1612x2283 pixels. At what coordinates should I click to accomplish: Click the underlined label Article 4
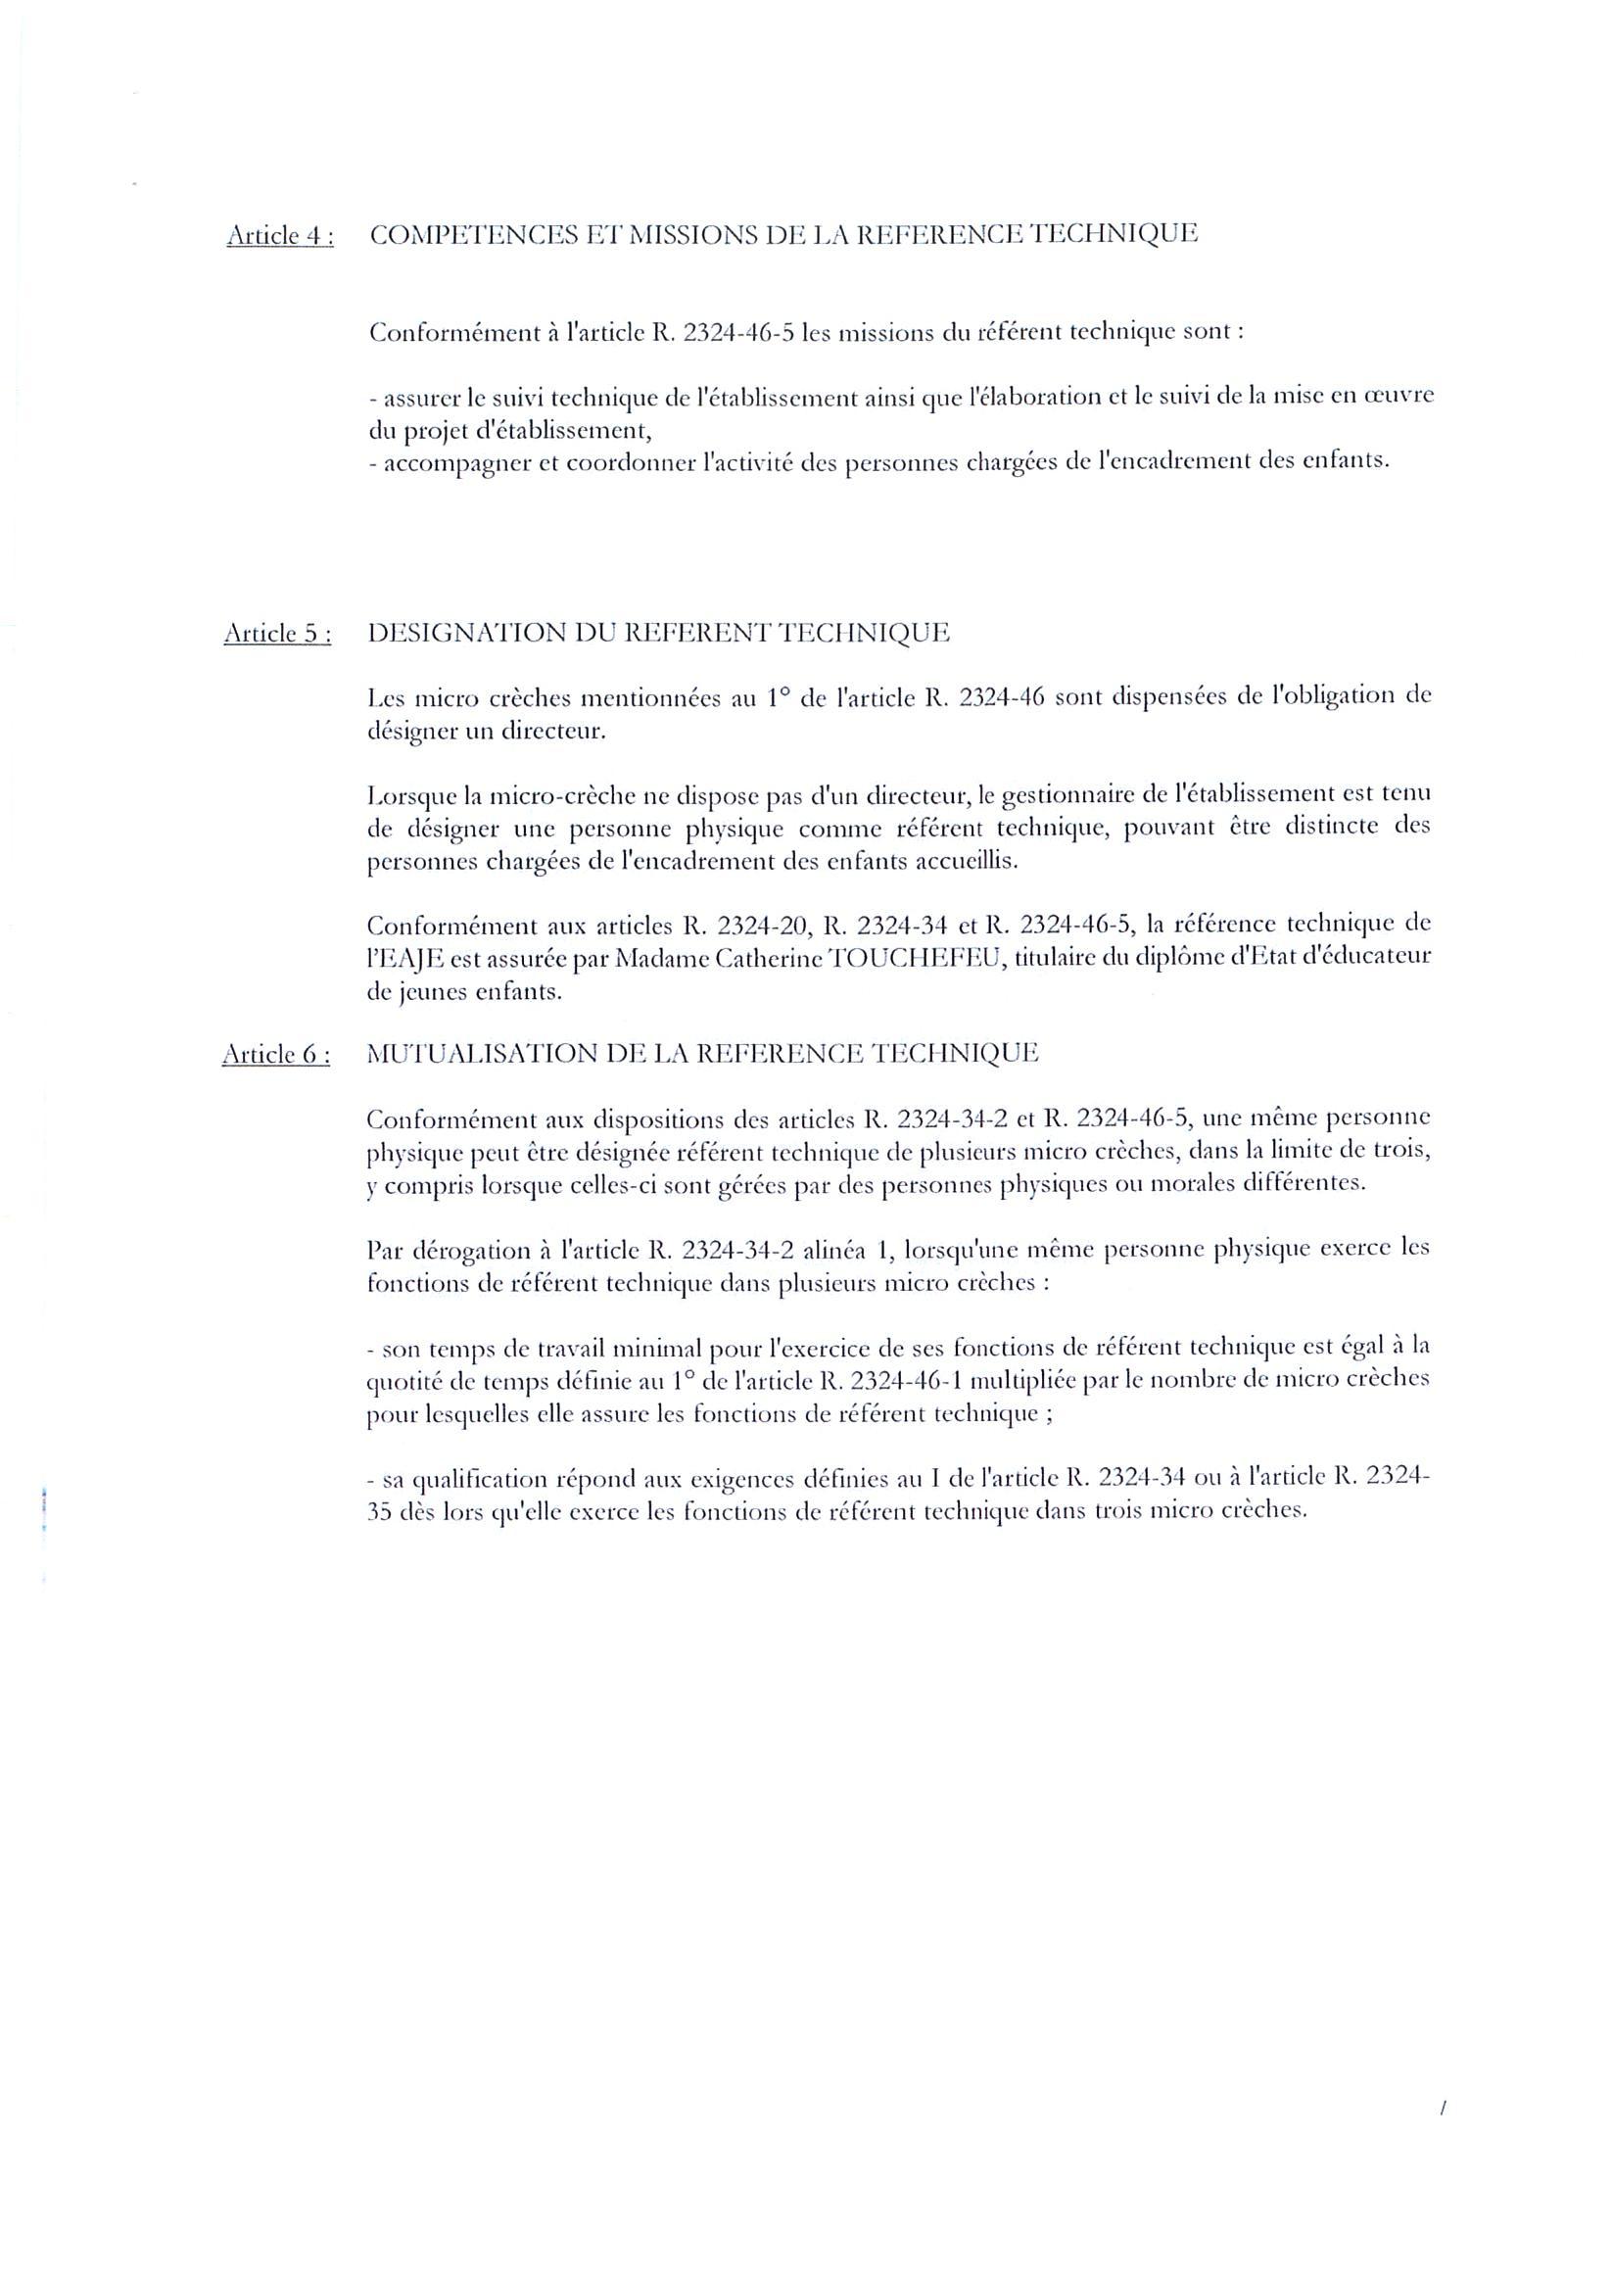(x=279, y=237)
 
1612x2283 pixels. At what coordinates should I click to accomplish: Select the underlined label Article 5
(x=277, y=635)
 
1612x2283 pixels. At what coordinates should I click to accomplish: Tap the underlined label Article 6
(x=275, y=1055)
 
